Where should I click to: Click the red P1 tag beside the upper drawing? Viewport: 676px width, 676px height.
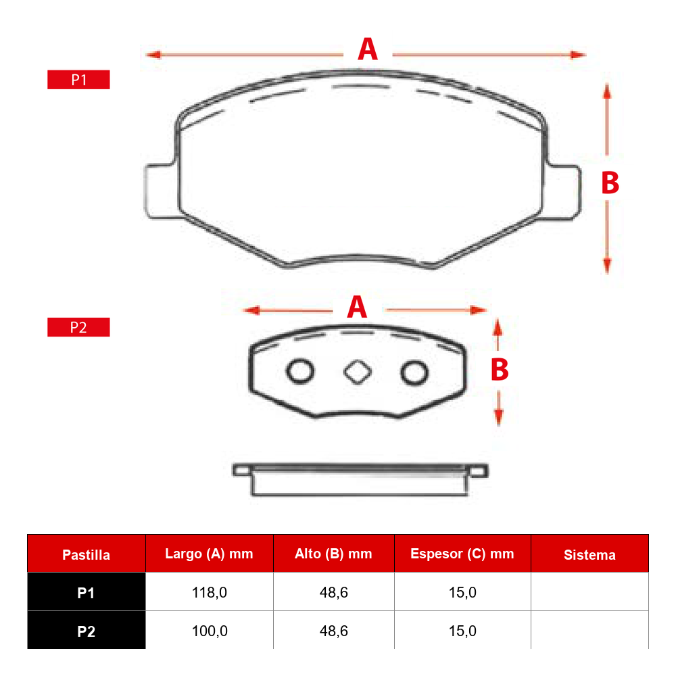pyautogui.click(x=78, y=80)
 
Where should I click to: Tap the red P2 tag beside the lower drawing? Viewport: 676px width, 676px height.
pyautogui.click(x=78, y=327)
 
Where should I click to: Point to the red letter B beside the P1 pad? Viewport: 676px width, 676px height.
pyautogui.click(x=610, y=183)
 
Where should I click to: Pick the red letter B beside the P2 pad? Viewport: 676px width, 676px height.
pyautogui.click(x=500, y=370)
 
